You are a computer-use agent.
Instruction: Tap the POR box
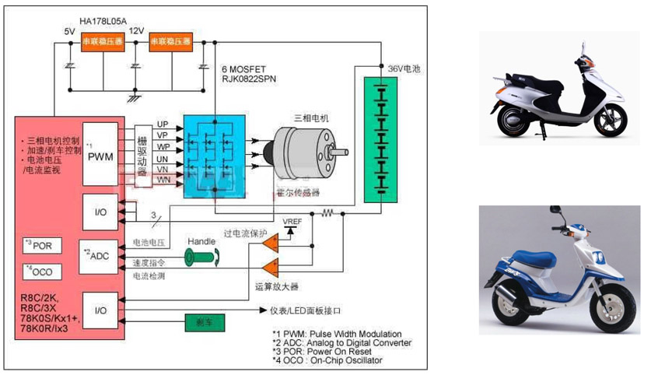coord(41,245)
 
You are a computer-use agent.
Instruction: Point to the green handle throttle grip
coord(201,256)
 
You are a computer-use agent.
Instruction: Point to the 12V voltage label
coord(137,30)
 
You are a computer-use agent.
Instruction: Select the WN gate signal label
coord(163,180)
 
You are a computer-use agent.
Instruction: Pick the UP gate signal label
coord(163,124)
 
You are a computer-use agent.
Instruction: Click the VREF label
coord(293,219)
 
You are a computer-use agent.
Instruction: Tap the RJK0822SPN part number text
coord(249,79)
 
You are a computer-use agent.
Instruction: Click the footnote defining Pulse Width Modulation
coord(336,333)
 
